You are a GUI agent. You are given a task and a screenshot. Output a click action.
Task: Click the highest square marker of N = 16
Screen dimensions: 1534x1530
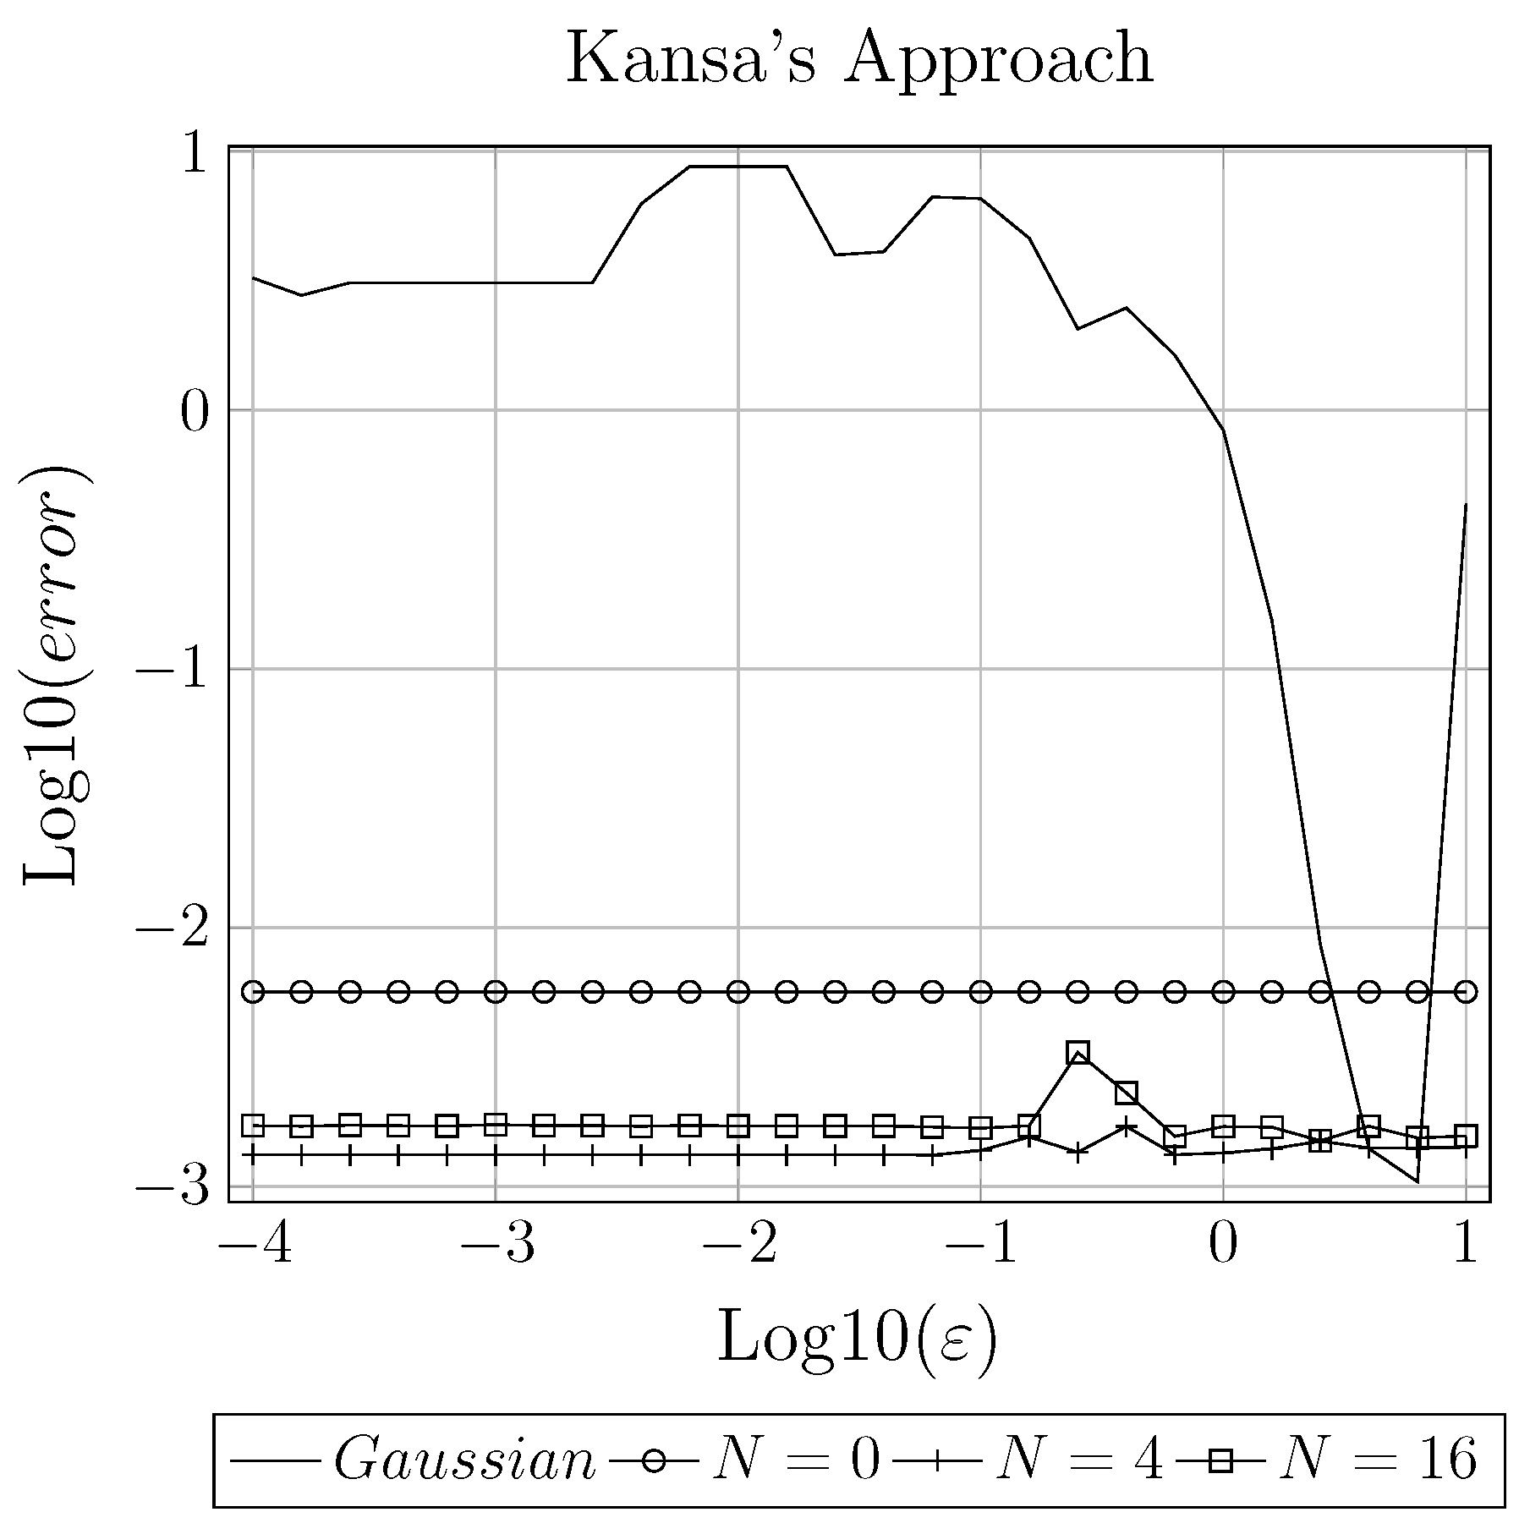(1078, 1053)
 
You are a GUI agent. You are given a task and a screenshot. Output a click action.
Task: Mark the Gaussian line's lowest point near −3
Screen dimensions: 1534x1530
(1418, 1181)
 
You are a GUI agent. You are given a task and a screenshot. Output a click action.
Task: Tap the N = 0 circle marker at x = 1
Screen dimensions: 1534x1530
(1466, 992)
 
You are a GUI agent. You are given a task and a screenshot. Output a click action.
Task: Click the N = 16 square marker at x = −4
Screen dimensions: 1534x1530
(253, 1126)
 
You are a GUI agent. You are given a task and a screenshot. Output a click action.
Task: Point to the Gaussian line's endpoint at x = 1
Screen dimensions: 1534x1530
(1466, 504)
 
